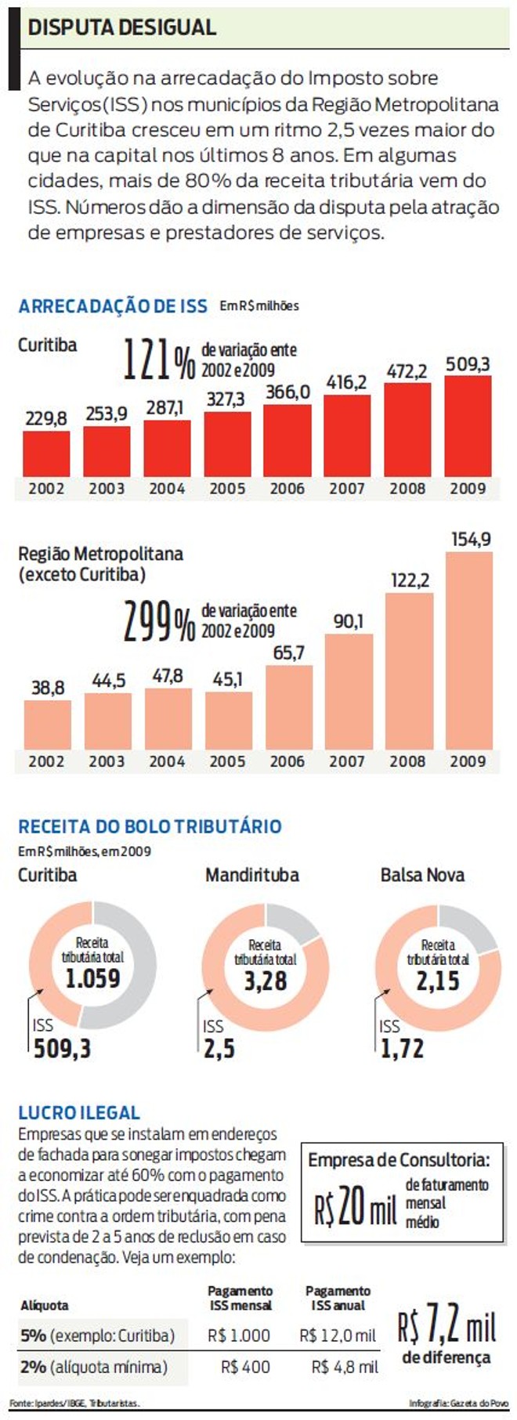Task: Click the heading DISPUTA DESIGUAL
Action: [121, 27]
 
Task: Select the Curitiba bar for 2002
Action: [46, 453]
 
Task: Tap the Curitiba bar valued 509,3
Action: [468, 426]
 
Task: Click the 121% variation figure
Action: [158, 360]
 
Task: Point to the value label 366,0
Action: [287, 392]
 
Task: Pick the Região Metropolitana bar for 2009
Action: [468, 650]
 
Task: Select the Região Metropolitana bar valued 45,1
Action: [228, 721]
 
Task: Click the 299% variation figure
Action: [158, 622]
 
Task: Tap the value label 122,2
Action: [410, 580]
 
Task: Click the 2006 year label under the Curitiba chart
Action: [287, 488]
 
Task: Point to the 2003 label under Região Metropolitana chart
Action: [107, 761]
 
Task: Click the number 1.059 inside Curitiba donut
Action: [92, 978]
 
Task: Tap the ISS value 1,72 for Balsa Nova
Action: [402, 1049]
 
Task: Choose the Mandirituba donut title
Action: [251, 875]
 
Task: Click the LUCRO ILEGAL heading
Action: [78, 1112]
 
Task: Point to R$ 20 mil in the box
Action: [356, 1205]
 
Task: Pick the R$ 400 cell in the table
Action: [245, 1367]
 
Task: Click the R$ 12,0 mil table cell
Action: [338, 1335]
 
